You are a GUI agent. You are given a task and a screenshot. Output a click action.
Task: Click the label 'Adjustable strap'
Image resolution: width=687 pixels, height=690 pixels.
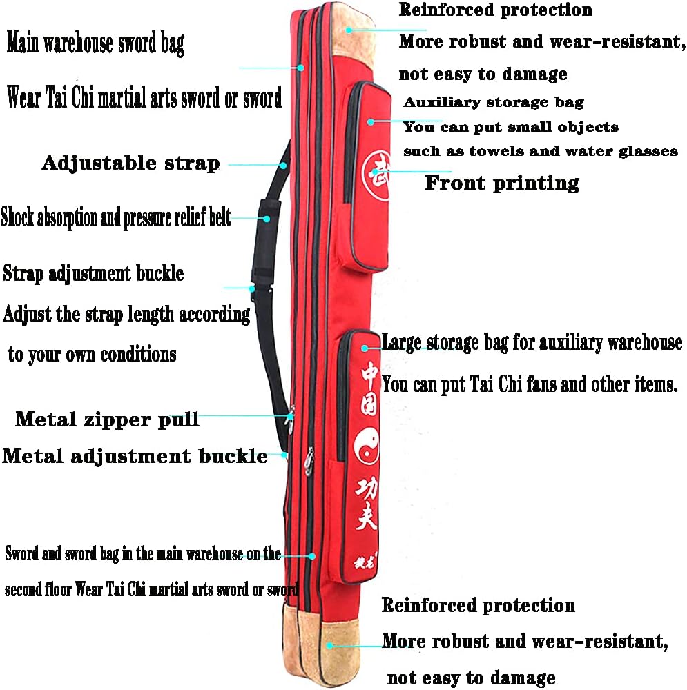pos(130,164)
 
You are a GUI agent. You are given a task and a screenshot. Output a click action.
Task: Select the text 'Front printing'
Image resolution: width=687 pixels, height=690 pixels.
pos(501,183)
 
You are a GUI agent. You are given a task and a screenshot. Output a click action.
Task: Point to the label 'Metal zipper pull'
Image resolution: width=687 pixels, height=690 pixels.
pos(107,419)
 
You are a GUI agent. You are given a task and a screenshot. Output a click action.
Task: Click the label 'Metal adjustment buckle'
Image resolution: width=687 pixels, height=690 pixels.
pos(135,456)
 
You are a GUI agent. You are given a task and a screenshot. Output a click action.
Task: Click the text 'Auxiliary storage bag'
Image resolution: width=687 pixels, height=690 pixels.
pos(494,103)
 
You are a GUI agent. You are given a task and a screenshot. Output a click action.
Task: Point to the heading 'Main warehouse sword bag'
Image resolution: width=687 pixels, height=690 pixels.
pos(95,44)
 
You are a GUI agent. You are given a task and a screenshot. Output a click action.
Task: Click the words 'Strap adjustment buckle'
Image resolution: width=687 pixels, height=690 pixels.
pos(93,273)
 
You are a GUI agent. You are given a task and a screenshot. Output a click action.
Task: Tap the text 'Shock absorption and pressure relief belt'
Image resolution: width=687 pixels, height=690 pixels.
pos(115,218)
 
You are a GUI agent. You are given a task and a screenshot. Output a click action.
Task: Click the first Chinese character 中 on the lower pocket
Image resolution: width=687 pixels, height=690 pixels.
pos(369,377)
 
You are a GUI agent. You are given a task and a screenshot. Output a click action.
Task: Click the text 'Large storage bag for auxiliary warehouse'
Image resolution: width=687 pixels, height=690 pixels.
pos(532,342)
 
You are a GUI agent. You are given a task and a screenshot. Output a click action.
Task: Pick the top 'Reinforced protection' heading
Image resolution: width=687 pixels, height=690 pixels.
pos(495,10)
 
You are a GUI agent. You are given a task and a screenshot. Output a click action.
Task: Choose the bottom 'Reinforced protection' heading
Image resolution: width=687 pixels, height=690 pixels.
pos(478,606)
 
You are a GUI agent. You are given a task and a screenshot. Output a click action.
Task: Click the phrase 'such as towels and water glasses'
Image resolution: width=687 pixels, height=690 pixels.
pos(540,151)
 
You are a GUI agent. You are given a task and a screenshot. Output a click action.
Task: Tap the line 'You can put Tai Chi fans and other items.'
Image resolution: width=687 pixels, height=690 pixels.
pos(529,384)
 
